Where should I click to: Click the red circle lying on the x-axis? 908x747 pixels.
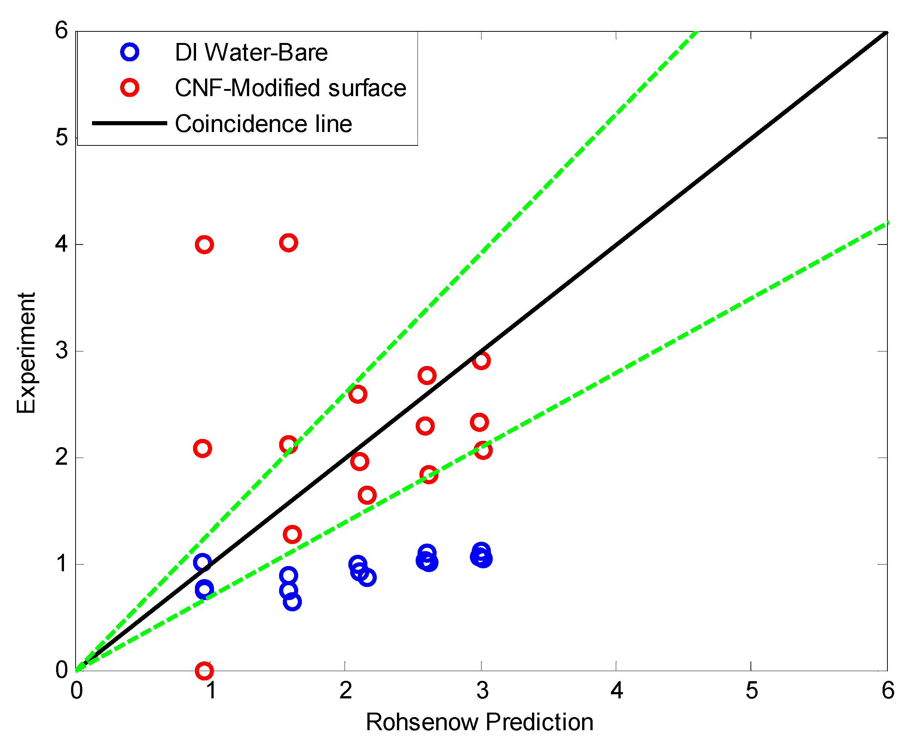click(204, 670)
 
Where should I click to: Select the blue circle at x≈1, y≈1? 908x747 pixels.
click(202, 562)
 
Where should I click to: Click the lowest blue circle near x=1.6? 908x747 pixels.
click(292, 602)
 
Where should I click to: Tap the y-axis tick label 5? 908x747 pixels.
click(62, 138)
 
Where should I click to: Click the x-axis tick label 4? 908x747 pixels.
click(617, 691)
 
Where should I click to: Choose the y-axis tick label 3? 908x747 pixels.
click(62, 351)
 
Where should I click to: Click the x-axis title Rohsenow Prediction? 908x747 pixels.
click(479, 722)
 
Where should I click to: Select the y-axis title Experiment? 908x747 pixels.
click(26, 353)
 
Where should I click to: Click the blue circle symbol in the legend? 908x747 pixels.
click(129, 52)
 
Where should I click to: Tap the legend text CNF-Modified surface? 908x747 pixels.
click(290, 88)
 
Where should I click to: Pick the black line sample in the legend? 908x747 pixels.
click(129, 123)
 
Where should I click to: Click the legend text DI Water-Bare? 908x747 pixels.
click(251, 52)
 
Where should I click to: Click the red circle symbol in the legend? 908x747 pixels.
click(129, 88)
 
